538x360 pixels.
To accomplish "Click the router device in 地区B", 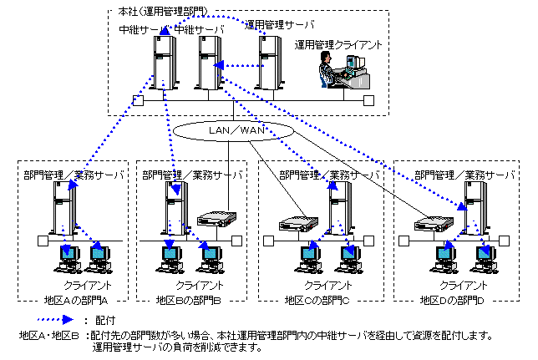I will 214,221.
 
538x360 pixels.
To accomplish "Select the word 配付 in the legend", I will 104,320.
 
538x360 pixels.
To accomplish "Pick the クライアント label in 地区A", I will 89,286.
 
